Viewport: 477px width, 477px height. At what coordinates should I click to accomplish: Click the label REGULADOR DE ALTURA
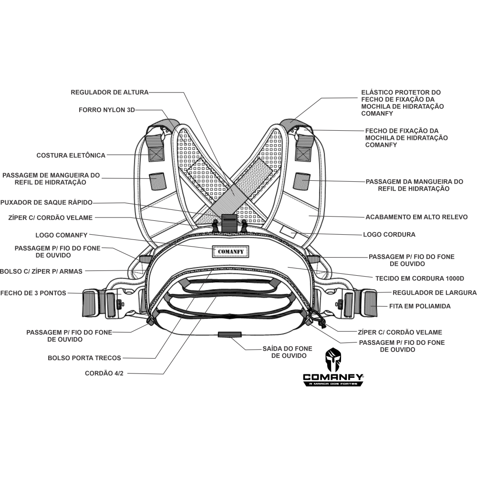[110, 92]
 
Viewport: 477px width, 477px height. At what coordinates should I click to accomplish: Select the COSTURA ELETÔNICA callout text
[71, 155]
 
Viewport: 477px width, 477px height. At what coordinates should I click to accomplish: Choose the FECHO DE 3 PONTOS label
[33, 293]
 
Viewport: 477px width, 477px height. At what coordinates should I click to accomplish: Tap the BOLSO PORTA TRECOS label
[84, 357]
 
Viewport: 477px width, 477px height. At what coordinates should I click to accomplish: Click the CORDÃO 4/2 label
[104, 373]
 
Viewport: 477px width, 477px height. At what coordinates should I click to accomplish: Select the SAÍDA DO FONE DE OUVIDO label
[285, 352]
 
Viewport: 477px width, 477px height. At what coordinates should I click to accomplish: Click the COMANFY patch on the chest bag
[230, 251]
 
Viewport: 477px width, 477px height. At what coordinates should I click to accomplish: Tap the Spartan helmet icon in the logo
[333, 360]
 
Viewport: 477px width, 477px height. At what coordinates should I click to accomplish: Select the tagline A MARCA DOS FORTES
[334, 384]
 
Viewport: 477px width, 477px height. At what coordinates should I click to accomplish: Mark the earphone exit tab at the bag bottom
[228, 334]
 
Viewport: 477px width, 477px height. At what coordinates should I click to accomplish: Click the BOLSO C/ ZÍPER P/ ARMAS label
[41, 271]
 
